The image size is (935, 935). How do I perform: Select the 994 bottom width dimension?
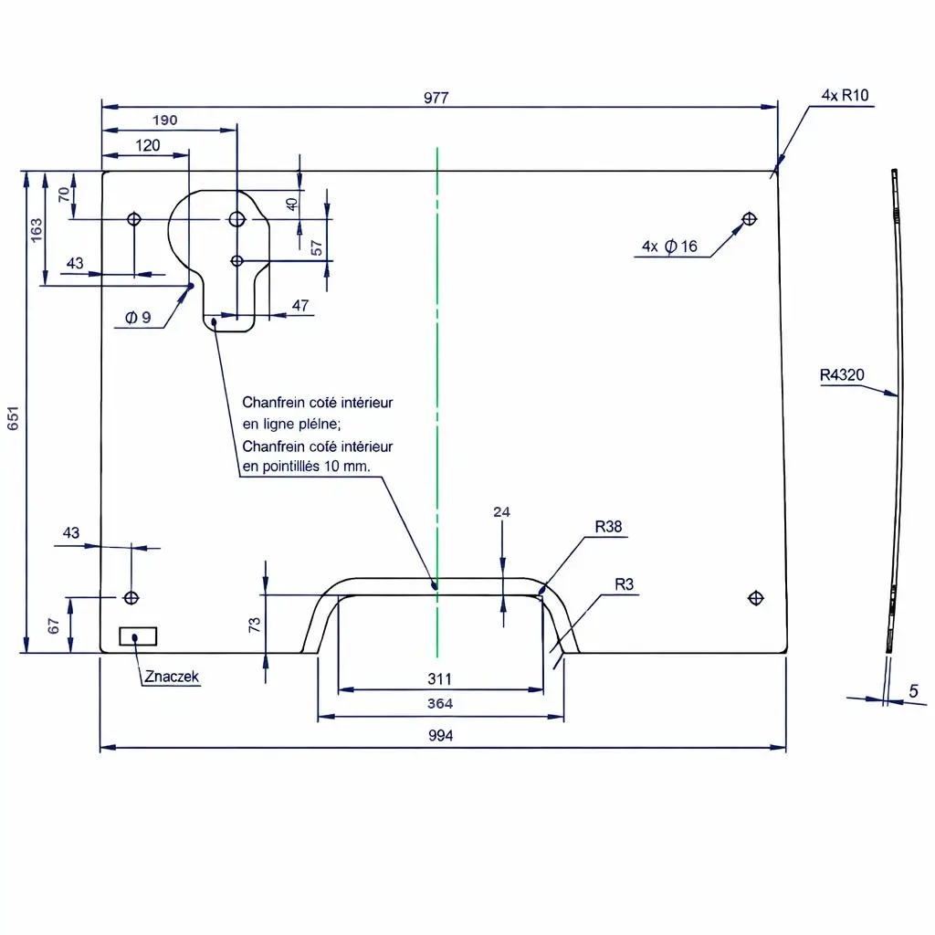click(440, 736)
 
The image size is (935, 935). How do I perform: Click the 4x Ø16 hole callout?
click(669, 246)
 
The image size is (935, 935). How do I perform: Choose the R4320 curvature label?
click(842, 374)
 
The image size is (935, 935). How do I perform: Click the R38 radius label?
click(608, 526)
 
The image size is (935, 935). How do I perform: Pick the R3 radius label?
click(625, 583)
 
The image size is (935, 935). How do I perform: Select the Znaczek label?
click(171, 677)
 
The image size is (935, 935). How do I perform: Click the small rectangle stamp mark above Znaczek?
click(138, 636)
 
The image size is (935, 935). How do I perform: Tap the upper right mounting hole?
click(749, 218)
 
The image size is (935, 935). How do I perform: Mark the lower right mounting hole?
click(755, 598)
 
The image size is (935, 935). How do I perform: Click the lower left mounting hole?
click(131, 597)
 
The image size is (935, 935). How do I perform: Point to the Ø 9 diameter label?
click(139, 318)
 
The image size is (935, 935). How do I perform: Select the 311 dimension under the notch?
click(440, 679)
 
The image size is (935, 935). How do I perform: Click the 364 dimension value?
click(440, 704)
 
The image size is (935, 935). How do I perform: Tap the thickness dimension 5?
click(913, 692)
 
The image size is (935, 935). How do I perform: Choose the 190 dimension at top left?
click(164, 120)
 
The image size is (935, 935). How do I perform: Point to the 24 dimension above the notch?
click(501, 512)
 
